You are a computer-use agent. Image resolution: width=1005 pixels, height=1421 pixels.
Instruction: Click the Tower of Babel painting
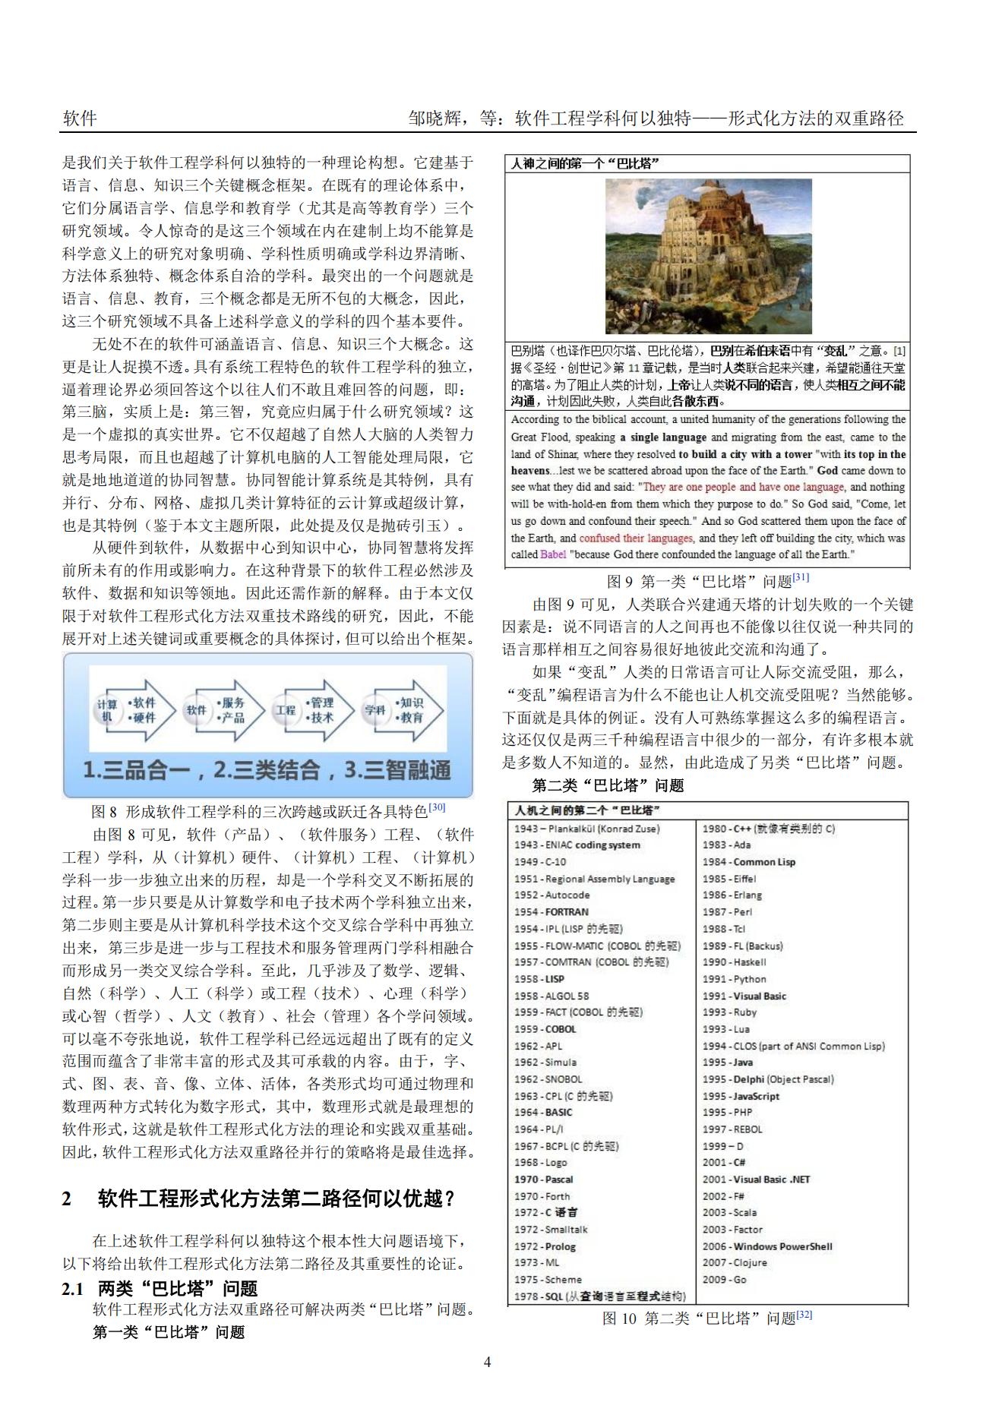[708, 256]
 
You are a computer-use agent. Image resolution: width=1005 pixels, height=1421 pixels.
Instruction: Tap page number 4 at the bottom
[487, 1362]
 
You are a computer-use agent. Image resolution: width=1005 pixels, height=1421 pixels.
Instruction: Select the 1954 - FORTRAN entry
[551, 911]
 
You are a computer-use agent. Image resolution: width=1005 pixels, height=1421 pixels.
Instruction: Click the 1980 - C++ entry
[767, 829]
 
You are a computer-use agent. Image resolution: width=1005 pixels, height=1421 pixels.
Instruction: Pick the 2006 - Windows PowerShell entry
[766, 1246]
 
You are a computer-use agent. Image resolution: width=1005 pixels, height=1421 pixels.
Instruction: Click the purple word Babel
[553, 554]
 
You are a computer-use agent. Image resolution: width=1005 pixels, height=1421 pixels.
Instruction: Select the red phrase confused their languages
[636, 538]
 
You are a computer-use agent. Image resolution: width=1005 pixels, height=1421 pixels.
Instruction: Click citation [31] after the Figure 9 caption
[801, 578]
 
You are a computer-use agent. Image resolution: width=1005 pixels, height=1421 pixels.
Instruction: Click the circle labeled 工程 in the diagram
[285, 710]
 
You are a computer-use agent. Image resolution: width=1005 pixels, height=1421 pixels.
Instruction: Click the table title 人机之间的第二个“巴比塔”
[586, 810]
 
